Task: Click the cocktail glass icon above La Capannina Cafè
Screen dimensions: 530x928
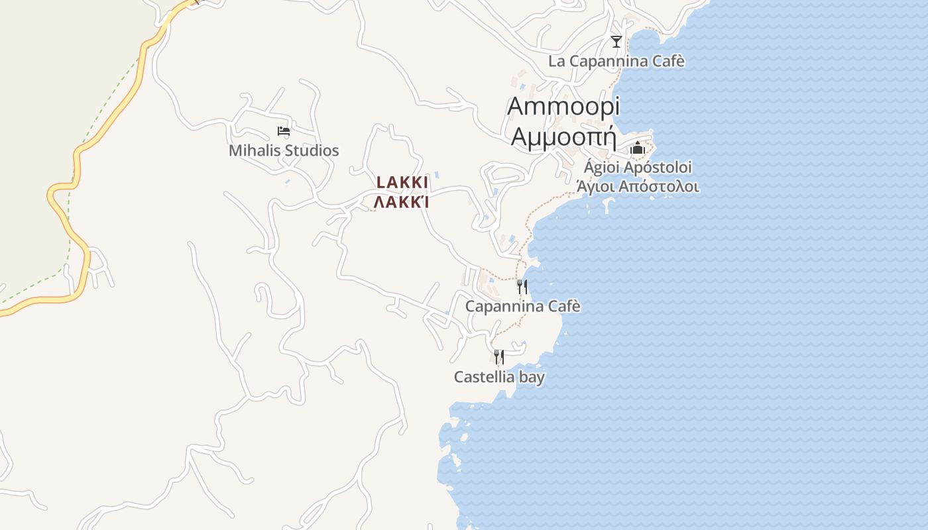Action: [616, 42]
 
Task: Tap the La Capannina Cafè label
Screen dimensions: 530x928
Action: [616, 62]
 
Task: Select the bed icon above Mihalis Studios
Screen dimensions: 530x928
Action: [284, 131]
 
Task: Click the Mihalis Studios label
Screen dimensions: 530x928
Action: [284, 150]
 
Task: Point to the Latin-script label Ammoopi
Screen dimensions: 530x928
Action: [563, 107]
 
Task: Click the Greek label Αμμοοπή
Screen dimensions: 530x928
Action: [564, 137]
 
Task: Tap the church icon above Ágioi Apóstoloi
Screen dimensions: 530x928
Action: [638, 148]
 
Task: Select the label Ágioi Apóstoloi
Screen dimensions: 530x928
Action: [638, 167]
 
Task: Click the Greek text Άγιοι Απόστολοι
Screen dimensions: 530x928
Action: [638, 186]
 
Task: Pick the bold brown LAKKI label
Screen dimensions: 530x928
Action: [402, 182]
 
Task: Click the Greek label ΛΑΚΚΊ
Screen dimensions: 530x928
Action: [402, 201]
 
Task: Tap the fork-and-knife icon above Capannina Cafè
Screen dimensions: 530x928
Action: [522, 287]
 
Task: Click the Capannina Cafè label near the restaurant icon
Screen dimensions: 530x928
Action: [522, 306]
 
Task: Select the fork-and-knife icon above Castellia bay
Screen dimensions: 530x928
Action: [499, 357]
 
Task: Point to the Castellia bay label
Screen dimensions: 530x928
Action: [499, 377]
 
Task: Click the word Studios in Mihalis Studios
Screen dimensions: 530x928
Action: [311, 150]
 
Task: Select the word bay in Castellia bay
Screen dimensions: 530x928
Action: [532, 377]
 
